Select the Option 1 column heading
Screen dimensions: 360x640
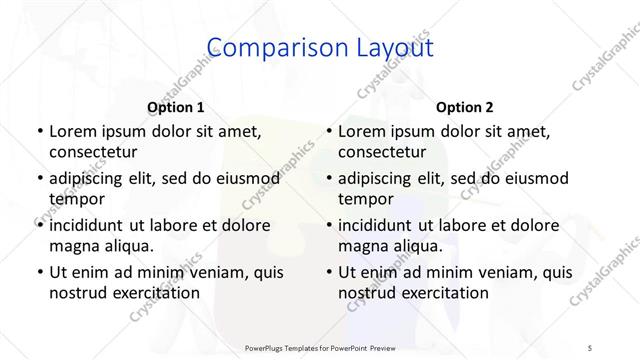pyautogui.click(x=176, y=107)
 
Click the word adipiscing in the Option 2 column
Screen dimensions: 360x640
pyautogui.click(x=380, y=178)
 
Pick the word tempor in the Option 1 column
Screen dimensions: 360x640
pyautogui.click(x=74, y=199)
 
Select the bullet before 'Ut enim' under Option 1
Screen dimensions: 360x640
pyautogui.click(x=38, y=272)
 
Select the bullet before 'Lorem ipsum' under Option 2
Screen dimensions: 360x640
pyautogui.click(x=328, y=131)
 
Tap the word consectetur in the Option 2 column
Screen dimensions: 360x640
pyautogui.click(x=383, y=152)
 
